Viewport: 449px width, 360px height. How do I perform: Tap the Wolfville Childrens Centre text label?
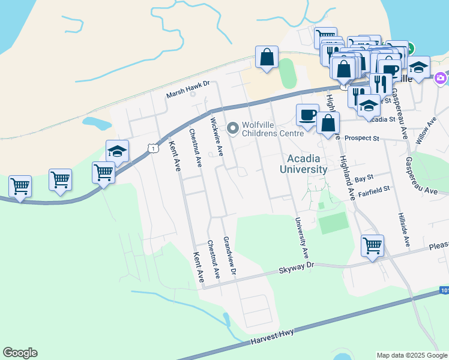(273, 129)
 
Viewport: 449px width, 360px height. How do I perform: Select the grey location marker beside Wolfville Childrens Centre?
(233, 128)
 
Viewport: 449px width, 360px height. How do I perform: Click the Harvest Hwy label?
(273, 337)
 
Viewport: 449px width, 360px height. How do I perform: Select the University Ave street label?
(301, 238)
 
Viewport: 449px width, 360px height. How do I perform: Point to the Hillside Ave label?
(403, 230)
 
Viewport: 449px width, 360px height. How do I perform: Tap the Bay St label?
(364, 178)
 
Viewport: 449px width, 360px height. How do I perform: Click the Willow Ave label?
(430, 130)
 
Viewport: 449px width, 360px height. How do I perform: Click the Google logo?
(20, 353)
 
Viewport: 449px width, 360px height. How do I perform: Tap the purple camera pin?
(441, 78)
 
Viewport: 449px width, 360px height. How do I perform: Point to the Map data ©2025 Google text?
(411, 355)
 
